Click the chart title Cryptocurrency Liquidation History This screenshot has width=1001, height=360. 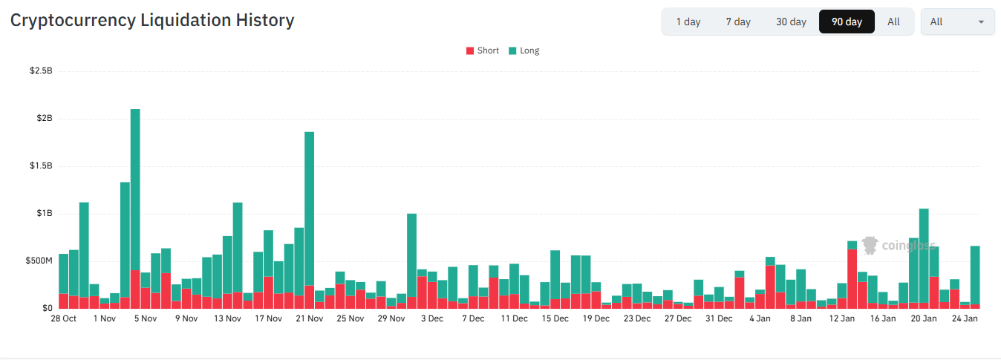pos(152,20)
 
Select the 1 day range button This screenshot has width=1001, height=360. pos(688,22)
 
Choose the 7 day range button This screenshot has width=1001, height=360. pos(738,22)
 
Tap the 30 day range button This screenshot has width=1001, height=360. pos(791,22)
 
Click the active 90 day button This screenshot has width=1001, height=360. pos(847,22)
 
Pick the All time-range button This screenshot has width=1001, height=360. pos(893,22)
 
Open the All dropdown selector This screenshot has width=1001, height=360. pos(957,22)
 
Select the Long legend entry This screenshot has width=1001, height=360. pos(524,50)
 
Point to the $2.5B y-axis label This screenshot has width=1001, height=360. pos(41,71)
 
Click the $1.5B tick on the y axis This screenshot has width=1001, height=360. pos(41,166)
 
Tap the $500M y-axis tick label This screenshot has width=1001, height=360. pos(39,261)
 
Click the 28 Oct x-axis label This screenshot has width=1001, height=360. pos(63,319)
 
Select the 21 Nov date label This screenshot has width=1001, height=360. pos(309,319)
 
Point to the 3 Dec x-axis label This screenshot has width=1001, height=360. pos(431,319)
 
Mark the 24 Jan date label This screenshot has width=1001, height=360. pos(965,319)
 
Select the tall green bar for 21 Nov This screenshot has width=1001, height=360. pos(309,208)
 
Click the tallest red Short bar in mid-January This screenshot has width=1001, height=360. pos(852,278)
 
